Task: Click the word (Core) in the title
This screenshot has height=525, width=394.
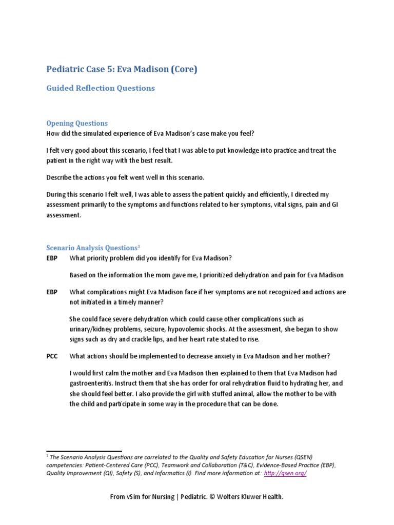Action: pos(183,69)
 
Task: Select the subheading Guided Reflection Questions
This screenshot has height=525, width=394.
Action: pos(101,88)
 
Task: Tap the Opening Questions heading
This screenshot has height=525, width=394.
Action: pos(77,123)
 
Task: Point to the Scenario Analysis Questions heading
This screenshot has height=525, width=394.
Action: pos(92,248)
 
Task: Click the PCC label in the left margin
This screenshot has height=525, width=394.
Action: pos(52,356)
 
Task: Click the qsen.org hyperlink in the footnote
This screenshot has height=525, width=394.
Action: pos(285,473)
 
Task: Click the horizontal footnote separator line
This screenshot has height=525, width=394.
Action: pos(84,451)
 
